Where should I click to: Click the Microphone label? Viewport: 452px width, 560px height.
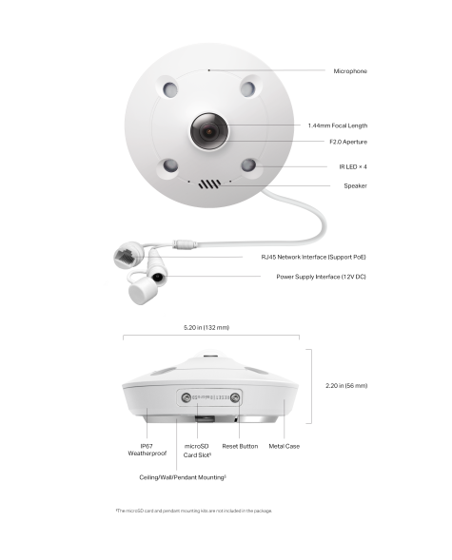(349, 71)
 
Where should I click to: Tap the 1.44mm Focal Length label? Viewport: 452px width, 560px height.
(337, 126)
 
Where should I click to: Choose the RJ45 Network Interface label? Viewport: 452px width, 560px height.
(313, 257)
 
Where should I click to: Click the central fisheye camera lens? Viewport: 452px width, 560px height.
(210, 132)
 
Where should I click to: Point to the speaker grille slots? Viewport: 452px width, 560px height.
(209, 184)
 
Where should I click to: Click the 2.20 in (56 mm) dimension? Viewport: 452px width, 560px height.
(346, 386)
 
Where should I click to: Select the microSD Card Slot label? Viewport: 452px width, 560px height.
(197, 450)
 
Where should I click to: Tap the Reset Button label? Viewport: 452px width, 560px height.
(240, 445)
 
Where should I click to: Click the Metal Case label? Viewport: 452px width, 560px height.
(284, 445)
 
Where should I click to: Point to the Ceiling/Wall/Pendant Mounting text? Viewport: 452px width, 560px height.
(183, 476)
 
